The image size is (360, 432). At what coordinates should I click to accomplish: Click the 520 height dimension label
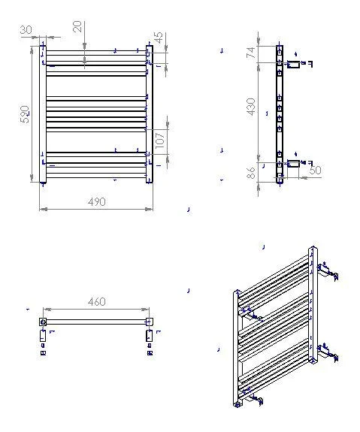25,114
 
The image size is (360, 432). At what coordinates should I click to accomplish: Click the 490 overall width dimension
97,202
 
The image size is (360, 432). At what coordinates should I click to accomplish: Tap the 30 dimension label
26,30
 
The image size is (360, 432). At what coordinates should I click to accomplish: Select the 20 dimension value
77,27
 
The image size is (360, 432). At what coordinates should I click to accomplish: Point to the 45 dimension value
159,38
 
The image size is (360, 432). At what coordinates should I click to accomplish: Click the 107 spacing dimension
160,140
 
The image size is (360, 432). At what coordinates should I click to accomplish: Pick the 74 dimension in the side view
251,53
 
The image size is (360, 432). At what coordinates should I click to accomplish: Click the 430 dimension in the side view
251,107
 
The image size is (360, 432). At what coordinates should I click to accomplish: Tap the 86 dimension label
251,173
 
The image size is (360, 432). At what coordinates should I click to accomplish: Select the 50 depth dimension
316,170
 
